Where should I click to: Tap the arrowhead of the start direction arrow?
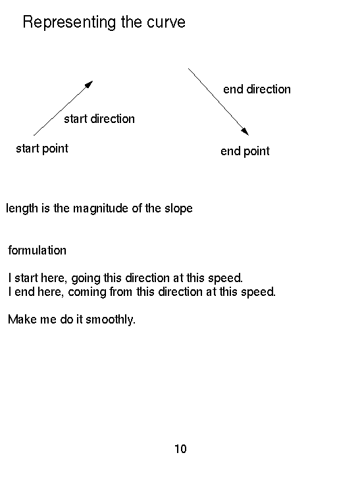click(x=89, y=84)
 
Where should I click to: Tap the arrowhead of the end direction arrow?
click(x=245, y=132)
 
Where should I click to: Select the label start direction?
click(x=99, y=119)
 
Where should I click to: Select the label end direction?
click(x=257, y=89)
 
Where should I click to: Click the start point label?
click(x=42, y=149)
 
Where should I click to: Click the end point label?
click(x=245, y=151)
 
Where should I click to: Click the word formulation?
click(x=37, y=251)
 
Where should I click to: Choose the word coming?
click(x=87, y=293)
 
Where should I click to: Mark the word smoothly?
click(x=111, y=320)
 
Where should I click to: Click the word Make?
click(x=22, y=320)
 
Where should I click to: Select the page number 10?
click(x=180, y=449)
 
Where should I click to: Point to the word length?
click(x=22, y=209)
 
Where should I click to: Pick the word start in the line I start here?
click(x=26, y=278)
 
